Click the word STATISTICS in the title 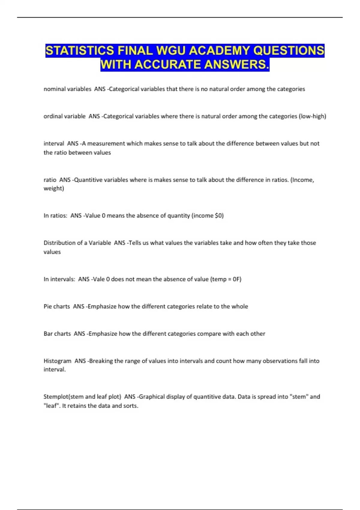point(79,50)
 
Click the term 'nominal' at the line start point(54,89)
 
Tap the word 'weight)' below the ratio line point(54,189)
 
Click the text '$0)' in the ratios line point(219,216)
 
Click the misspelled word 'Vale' point(98,279)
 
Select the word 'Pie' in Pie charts point(47,307)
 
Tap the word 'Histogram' point(57,361)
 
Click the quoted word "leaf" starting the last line point(51,406)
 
